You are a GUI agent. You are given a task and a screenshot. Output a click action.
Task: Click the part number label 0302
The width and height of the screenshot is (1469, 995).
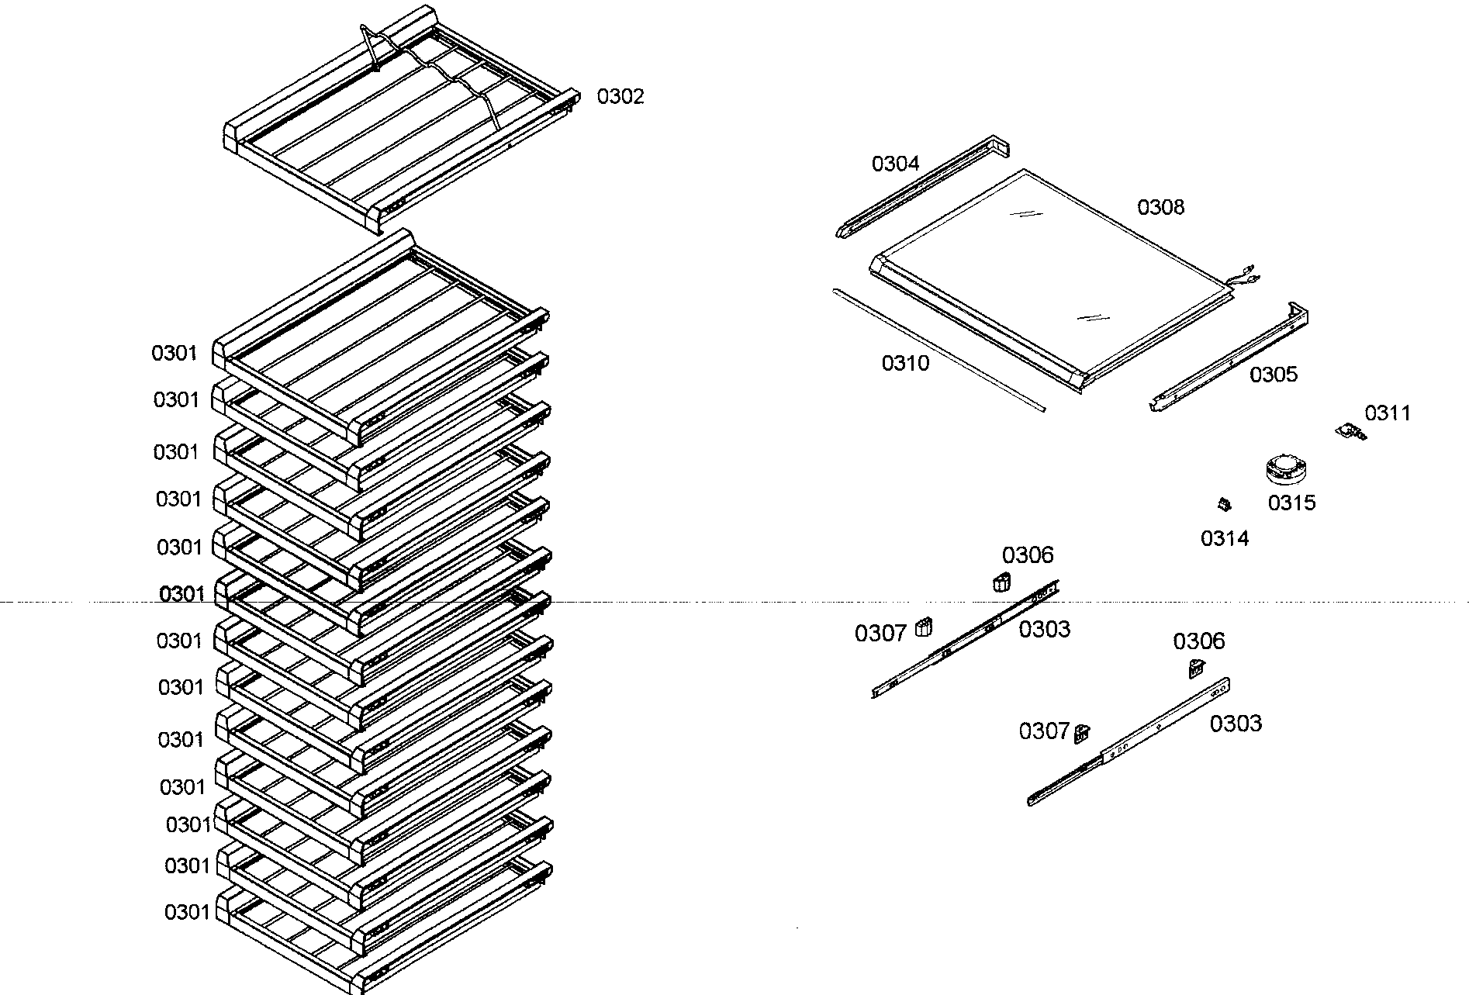click(620, 97)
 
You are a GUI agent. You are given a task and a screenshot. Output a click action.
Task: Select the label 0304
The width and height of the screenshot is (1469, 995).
click(895, 164)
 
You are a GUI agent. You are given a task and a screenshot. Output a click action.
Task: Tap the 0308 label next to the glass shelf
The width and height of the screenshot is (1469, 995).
click(1160, 207)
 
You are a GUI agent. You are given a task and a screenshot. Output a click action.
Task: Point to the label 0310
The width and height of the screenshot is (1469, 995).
click(905, 363)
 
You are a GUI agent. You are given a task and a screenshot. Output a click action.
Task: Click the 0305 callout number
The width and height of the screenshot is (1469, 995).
click(1273, 375)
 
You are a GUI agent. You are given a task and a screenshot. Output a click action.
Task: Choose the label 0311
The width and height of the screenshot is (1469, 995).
click(1387, 413)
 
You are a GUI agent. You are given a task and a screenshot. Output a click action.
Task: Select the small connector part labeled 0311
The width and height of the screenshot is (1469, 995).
click(1352, 431)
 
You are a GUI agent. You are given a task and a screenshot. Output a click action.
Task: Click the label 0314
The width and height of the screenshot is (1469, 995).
click(1225, 538)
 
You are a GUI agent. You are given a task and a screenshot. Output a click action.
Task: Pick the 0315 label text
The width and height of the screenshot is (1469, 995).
click(1291, 503)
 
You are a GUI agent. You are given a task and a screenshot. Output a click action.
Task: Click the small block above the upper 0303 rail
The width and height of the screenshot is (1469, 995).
click(1001, 582)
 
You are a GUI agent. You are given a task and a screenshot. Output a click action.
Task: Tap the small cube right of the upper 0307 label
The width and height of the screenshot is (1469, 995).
click(923, 627)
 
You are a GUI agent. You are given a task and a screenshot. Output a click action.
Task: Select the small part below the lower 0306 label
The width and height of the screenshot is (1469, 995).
click(1196, 667)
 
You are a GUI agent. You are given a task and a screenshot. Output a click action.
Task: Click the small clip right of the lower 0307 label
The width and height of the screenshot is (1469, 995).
click(1082, 733)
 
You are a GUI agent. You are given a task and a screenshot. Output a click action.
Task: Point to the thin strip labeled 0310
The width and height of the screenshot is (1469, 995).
click(938, 347)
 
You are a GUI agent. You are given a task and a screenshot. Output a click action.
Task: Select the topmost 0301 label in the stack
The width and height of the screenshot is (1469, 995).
click(175, 354)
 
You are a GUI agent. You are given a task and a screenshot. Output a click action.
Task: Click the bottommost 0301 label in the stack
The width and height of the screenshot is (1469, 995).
click(186, 912)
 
